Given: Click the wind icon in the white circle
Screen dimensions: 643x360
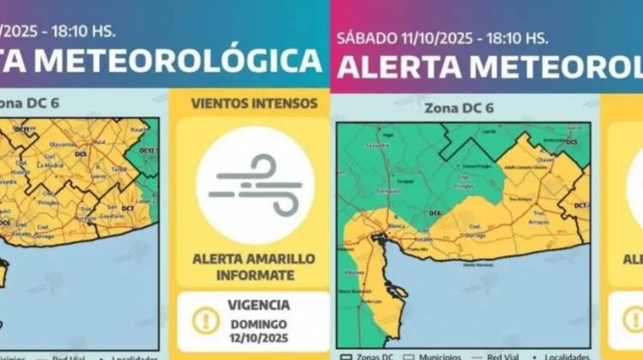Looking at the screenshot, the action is (x=255, y=184).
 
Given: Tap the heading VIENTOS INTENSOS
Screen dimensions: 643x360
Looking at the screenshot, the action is (x=254, y=104).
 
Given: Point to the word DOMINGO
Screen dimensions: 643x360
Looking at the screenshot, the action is (x=259, y=324).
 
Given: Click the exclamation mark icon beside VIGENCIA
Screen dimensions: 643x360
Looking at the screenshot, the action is (x=206, y=321).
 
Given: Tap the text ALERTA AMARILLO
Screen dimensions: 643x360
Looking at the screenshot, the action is (x=254, y=259).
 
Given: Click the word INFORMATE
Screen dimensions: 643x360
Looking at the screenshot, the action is (x=254, y=275).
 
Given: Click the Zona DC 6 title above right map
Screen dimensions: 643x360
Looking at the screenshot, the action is (x=459, y=108).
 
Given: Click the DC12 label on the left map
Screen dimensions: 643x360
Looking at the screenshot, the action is (x=147, y=151).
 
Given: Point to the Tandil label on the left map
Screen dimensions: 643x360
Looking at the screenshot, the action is (x=120, y=168).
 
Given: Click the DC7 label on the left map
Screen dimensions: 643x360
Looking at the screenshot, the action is (x=128, y=208).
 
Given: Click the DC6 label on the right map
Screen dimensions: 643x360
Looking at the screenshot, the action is (x=435, y=212).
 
